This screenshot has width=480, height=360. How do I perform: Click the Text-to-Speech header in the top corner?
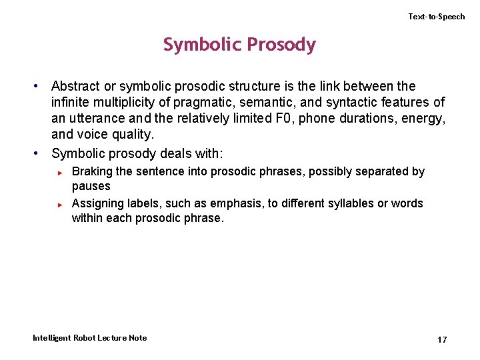click(x=437, y=17)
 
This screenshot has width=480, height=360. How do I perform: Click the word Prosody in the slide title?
click(x=281, y=45)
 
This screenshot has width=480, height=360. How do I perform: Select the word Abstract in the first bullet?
click(x=75, y=86)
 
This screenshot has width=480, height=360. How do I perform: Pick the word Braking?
click(x=91, y=171)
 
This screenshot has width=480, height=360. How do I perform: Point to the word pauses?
click(x=91, y=186)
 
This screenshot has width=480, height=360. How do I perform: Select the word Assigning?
click(x=98, y=203)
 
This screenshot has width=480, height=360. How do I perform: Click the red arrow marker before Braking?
click(x=60, y=173)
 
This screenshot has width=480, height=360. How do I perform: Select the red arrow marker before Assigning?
click(x=60, y=204)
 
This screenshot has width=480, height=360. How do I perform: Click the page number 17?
click(x=441, y=340)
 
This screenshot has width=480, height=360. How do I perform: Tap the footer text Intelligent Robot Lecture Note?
click(x=90, y=338)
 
